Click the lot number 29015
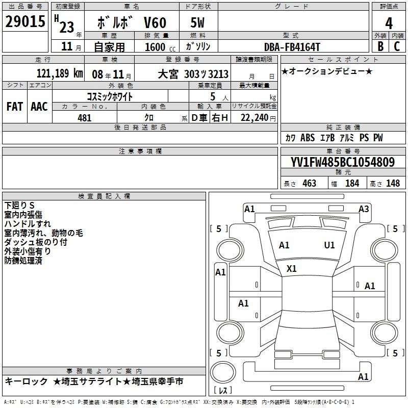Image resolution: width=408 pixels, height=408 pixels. pos(25,21)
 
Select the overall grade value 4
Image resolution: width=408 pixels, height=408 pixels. pos(389,23)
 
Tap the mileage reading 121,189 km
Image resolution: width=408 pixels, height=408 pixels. pos(60,73)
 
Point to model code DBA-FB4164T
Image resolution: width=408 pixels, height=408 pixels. pos(292,47)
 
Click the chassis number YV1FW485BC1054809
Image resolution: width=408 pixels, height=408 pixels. pos(343,162)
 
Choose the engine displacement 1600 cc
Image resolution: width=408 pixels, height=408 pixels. pos(160,47)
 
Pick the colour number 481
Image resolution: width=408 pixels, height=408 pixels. pos(84,118)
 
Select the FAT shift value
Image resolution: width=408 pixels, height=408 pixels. pos(15,107)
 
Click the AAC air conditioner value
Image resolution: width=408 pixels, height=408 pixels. pos(39,107)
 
